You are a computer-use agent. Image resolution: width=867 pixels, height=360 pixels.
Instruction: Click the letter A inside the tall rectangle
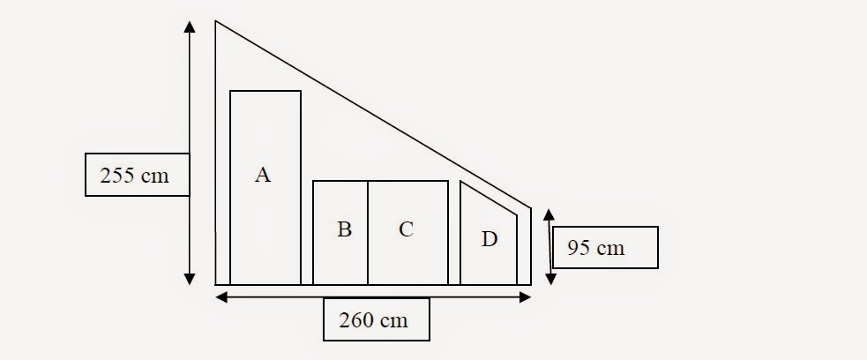[262, 176]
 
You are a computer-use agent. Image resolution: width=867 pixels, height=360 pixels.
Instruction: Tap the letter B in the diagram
[344, 229]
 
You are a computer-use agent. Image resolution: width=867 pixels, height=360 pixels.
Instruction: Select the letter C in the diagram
[406, 229]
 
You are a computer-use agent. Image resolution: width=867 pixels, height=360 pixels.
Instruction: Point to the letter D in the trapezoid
[489, 239]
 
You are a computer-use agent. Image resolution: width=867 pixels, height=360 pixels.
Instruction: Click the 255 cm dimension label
[138, 175]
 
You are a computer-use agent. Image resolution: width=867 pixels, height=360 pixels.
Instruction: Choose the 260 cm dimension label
[377, 319]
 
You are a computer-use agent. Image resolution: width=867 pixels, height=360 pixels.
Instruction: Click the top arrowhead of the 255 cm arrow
[189, 26]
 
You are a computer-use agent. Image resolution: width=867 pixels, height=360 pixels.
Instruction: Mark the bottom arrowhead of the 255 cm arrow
[189, 279]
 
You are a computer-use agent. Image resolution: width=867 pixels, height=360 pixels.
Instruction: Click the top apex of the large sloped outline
[217, 22]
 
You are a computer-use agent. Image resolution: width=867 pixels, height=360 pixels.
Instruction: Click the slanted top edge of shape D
[488, 198]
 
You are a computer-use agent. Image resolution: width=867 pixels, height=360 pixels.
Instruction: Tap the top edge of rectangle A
[265, 91]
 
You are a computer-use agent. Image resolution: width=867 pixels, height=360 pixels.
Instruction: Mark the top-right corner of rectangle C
[448, 182]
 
